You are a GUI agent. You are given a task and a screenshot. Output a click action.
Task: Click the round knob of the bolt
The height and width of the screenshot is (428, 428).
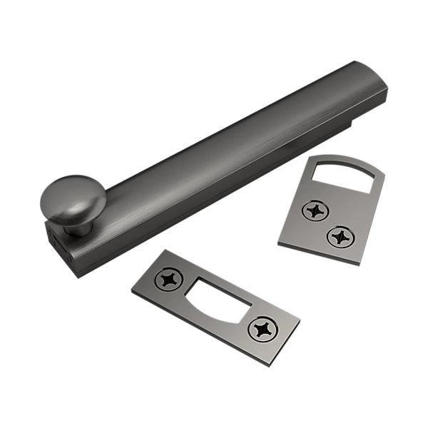pyautogui.click(x=73, y=198)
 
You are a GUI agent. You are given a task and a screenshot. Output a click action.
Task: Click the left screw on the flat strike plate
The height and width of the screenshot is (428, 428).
pyautogui.click(x=169, y=279)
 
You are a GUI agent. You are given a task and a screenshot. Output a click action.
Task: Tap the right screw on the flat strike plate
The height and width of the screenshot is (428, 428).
pyautogui.click(x=262, y=329)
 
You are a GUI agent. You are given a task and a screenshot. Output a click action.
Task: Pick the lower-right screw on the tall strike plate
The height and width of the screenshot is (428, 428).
pyautogui.click(x=340, y=236)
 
